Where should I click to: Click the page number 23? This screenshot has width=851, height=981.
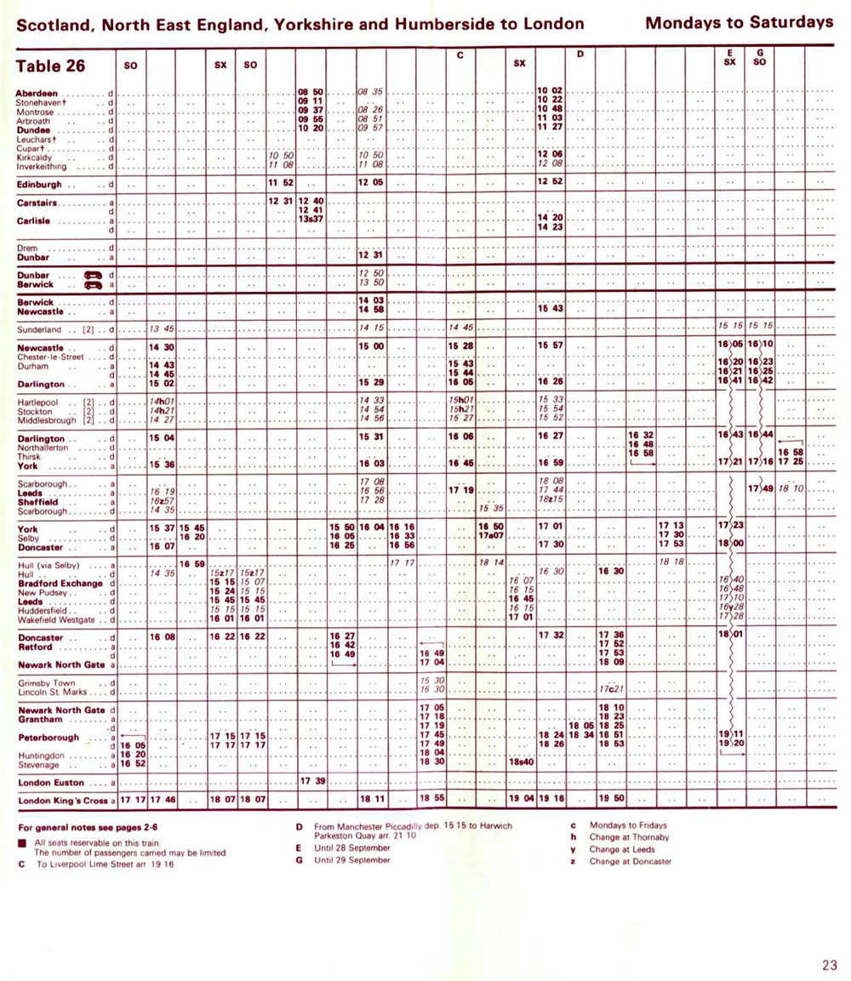[x=830, y=964]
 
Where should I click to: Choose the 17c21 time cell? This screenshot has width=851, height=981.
[x=612, y=688]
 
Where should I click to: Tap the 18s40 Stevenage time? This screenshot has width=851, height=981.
[x=520, y=762]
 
